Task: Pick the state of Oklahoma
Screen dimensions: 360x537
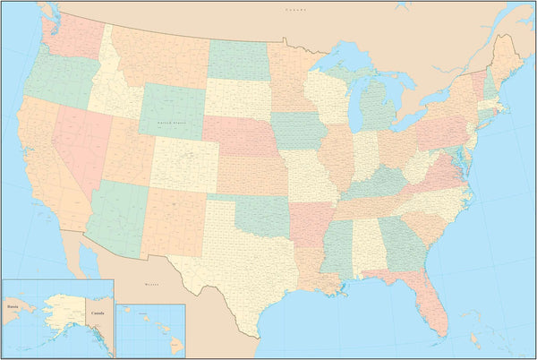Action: click(260, 215)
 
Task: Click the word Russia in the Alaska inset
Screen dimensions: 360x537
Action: click(13, 305)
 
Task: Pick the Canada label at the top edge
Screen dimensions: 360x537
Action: click(295, 8)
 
